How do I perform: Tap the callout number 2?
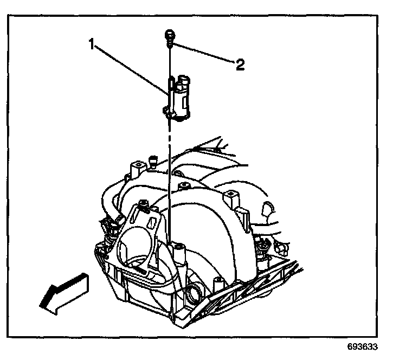point(239,65)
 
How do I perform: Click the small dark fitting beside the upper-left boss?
point(154,160)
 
